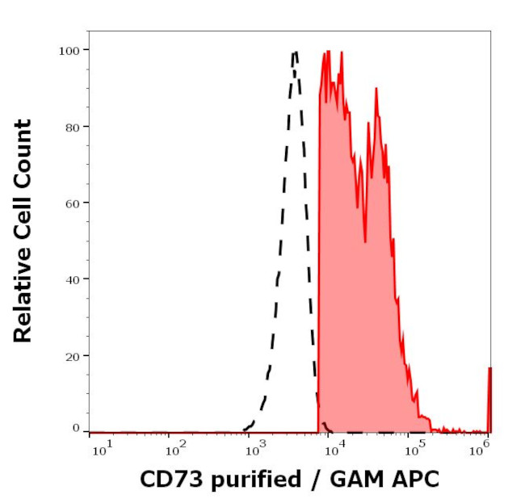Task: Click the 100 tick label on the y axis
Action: [x=68, y=50]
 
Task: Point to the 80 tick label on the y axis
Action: [x=71, y=127]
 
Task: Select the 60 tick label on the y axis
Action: [x=71, y=203]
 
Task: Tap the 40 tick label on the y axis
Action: [x=71, y=279]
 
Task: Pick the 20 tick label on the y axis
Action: [x=71, y=355]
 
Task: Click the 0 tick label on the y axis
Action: [x=75, y=428]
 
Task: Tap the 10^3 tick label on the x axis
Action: [x=255, y=446]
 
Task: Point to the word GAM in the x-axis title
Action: [x=351, y=479]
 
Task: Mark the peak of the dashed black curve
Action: [x=295, y=53]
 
